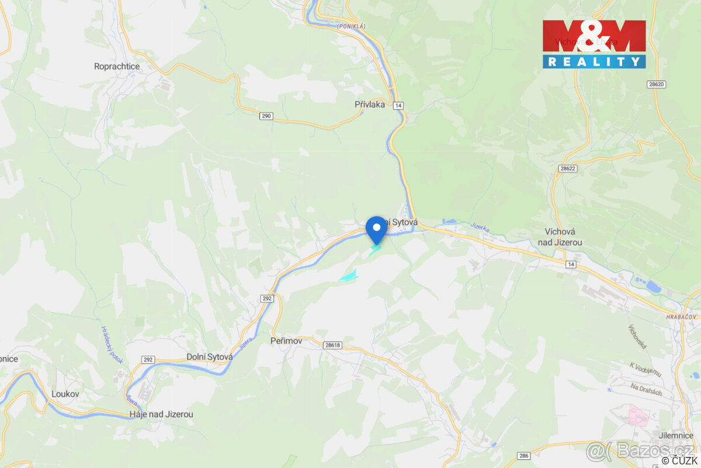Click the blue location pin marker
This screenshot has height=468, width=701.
(x=376, y=228)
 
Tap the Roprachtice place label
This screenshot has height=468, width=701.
(x=117, y=67)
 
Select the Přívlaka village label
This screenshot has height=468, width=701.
(x=370, y=105)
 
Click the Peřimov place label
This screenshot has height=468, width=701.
(x=285, y=340)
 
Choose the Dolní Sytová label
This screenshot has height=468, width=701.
(x=210, y=356)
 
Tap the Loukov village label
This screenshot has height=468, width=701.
(x=65, y=394)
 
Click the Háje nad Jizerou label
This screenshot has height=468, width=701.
(x=161, y=414)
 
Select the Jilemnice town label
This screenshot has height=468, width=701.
(x=675, y=436)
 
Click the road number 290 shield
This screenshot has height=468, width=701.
(x=266, y=116)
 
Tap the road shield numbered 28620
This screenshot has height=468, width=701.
(x=657, y=84)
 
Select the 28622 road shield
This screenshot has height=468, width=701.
(x=567, y=168)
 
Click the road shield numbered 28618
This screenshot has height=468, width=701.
(x=332, y=345)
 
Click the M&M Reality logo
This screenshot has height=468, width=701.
(x=594, y=44)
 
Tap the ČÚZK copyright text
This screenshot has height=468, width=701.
(x=680, y=460)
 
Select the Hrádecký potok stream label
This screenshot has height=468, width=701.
(x=112, y=345)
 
